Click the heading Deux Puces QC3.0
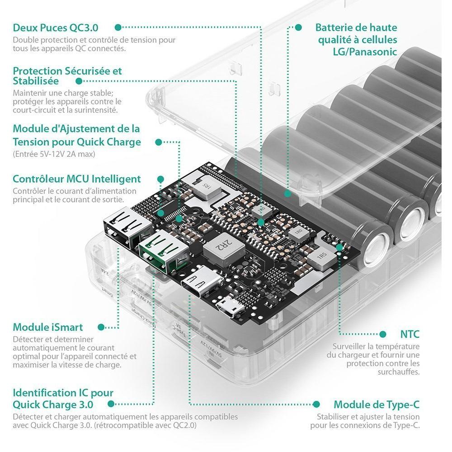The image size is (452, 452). (x=55, y=28)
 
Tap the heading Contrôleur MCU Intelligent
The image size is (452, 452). (x=77, y=179)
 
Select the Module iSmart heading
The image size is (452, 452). (x=48, y=327)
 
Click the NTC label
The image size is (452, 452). (x=410, y=334)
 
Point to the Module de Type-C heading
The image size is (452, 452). (x=377, y=405)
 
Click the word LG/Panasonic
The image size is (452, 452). (x=365, y=52)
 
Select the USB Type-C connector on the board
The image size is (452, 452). (x=202, y=281)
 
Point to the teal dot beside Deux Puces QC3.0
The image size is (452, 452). (x=118, y=28)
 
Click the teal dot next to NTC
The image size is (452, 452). (x=383, y=334)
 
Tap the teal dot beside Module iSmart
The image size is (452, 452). (x=101, y=327)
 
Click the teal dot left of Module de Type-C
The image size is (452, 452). (x=316, y=404)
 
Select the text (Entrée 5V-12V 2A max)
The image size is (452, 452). (x=54, y=154)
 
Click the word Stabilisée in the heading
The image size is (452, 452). (x=36, y=81)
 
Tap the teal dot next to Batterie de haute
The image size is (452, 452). (x=298, y=28)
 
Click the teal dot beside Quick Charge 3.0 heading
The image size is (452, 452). (x=111, y=404)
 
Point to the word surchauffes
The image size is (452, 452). (x=399, y=372)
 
